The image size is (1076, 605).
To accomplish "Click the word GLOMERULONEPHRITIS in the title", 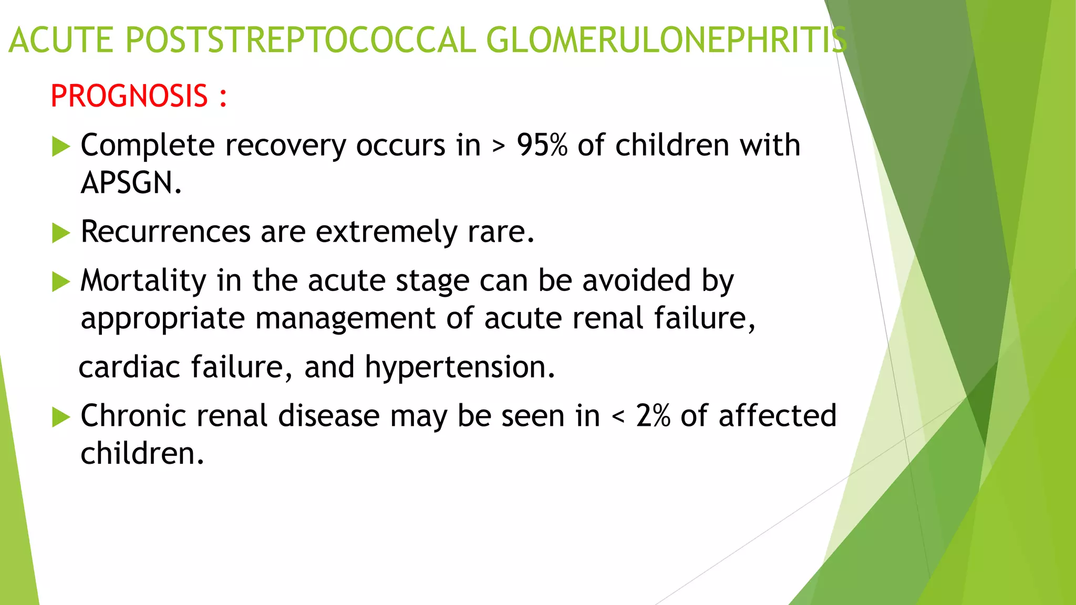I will tap(666, 40).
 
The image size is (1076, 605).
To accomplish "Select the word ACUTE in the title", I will tap(61, 40).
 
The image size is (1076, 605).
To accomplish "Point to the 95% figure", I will tap(542, 145).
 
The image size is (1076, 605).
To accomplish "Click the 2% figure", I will tap(653, 416).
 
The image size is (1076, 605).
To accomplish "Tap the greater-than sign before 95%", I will tap(498, 147).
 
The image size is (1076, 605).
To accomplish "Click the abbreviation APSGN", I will tap(131, 183).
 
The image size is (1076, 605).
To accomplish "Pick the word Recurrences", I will tap(165, 232).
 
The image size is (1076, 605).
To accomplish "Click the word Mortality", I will tap(143, 280).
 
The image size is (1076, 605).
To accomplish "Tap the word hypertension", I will tap(460, 367).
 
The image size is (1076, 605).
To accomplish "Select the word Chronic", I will tap(133, 416).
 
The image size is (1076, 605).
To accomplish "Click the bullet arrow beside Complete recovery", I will tap(61, 147).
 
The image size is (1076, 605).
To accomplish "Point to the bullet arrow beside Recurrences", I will tap(61, 233).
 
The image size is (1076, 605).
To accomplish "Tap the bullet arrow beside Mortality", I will tap(61, 282).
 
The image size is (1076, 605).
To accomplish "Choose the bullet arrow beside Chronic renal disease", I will tap(61, 418).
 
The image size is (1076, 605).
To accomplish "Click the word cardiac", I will tap(129, 367).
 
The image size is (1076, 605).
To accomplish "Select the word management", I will tap(345, 319).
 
